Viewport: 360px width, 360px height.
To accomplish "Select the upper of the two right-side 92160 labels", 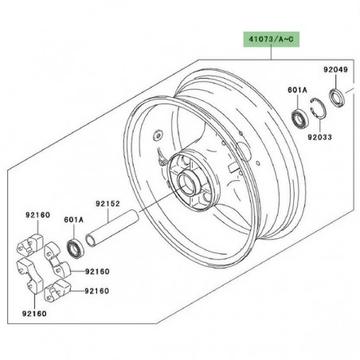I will tap(96, 272).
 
